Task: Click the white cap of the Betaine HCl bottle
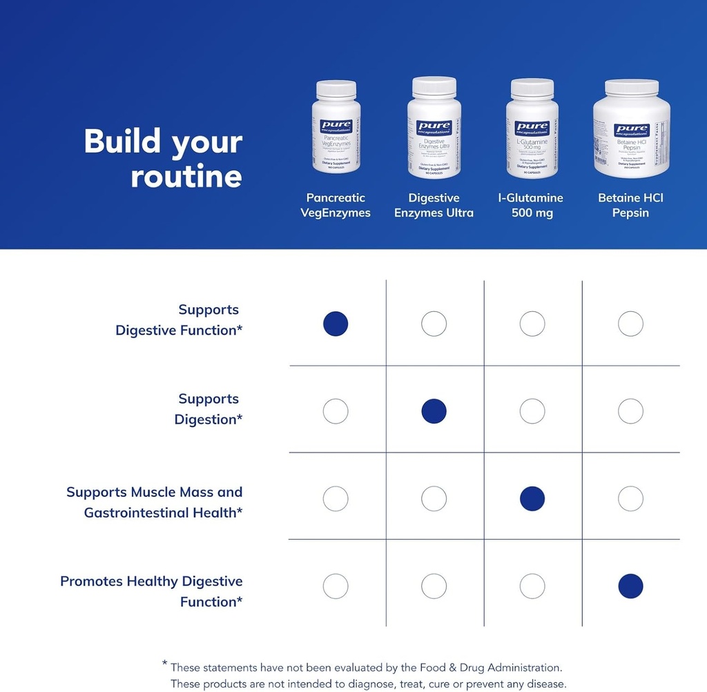(631, 88)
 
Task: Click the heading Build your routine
(163, 159)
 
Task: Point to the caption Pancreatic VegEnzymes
(336, 206)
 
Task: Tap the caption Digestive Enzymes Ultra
(434, 206)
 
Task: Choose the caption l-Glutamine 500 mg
(532, 206)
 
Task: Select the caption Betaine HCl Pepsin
(631, 206)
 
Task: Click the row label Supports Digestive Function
(179, 320)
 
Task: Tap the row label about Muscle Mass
(155, 502)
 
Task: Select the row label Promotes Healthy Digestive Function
(151, 591)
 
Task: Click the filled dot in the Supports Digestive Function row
(336, 324)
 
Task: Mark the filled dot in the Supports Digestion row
(434, 411)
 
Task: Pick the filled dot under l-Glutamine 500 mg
(532, 498)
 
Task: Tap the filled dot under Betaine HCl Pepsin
(630, 586)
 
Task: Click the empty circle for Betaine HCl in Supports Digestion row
(630, 411)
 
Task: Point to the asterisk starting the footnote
(165, 664)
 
